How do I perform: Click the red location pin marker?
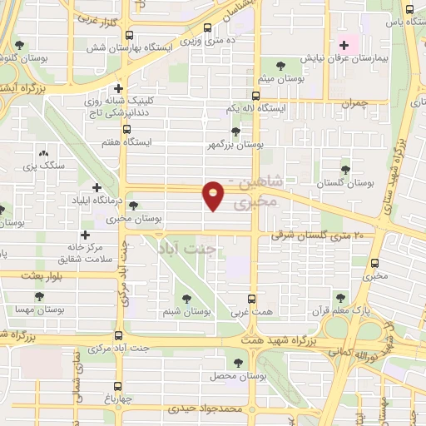pos(215,195)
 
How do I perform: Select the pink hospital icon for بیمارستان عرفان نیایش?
pos(343,44)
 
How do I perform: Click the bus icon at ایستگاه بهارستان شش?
pos(129,35)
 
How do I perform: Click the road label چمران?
pos(353,102)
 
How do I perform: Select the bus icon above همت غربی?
pos(254,297)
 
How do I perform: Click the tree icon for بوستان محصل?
pos(240,363)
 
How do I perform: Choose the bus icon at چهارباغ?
pos(116,385)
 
